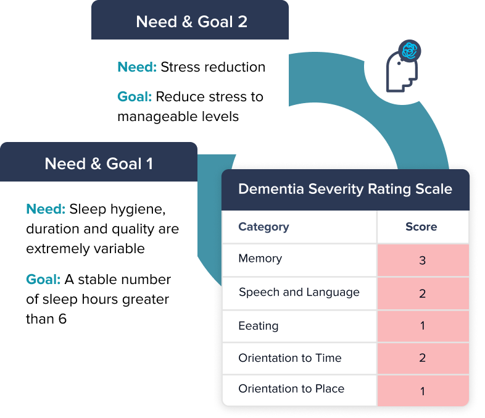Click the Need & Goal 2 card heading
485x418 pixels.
point(191,22)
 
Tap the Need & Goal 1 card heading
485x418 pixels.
point(99,164)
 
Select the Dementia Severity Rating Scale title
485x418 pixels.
point(345,189)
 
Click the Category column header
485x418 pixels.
point(263,227)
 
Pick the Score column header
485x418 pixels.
point(421,227)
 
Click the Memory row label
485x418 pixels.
point(260,258)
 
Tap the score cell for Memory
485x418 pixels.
point(423,260)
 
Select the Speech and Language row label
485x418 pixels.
point(299,292)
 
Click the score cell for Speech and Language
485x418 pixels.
point(423,293)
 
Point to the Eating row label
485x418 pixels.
point(258,325)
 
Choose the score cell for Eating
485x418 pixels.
point(423,325)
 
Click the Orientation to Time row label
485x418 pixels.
point(289,357)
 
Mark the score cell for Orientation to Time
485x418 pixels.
point(423,358)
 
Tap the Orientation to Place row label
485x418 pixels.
point(291,388)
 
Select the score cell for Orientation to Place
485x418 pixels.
point(423,390)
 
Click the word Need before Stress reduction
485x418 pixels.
point(136,67)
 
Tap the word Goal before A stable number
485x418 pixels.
point(43,280)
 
